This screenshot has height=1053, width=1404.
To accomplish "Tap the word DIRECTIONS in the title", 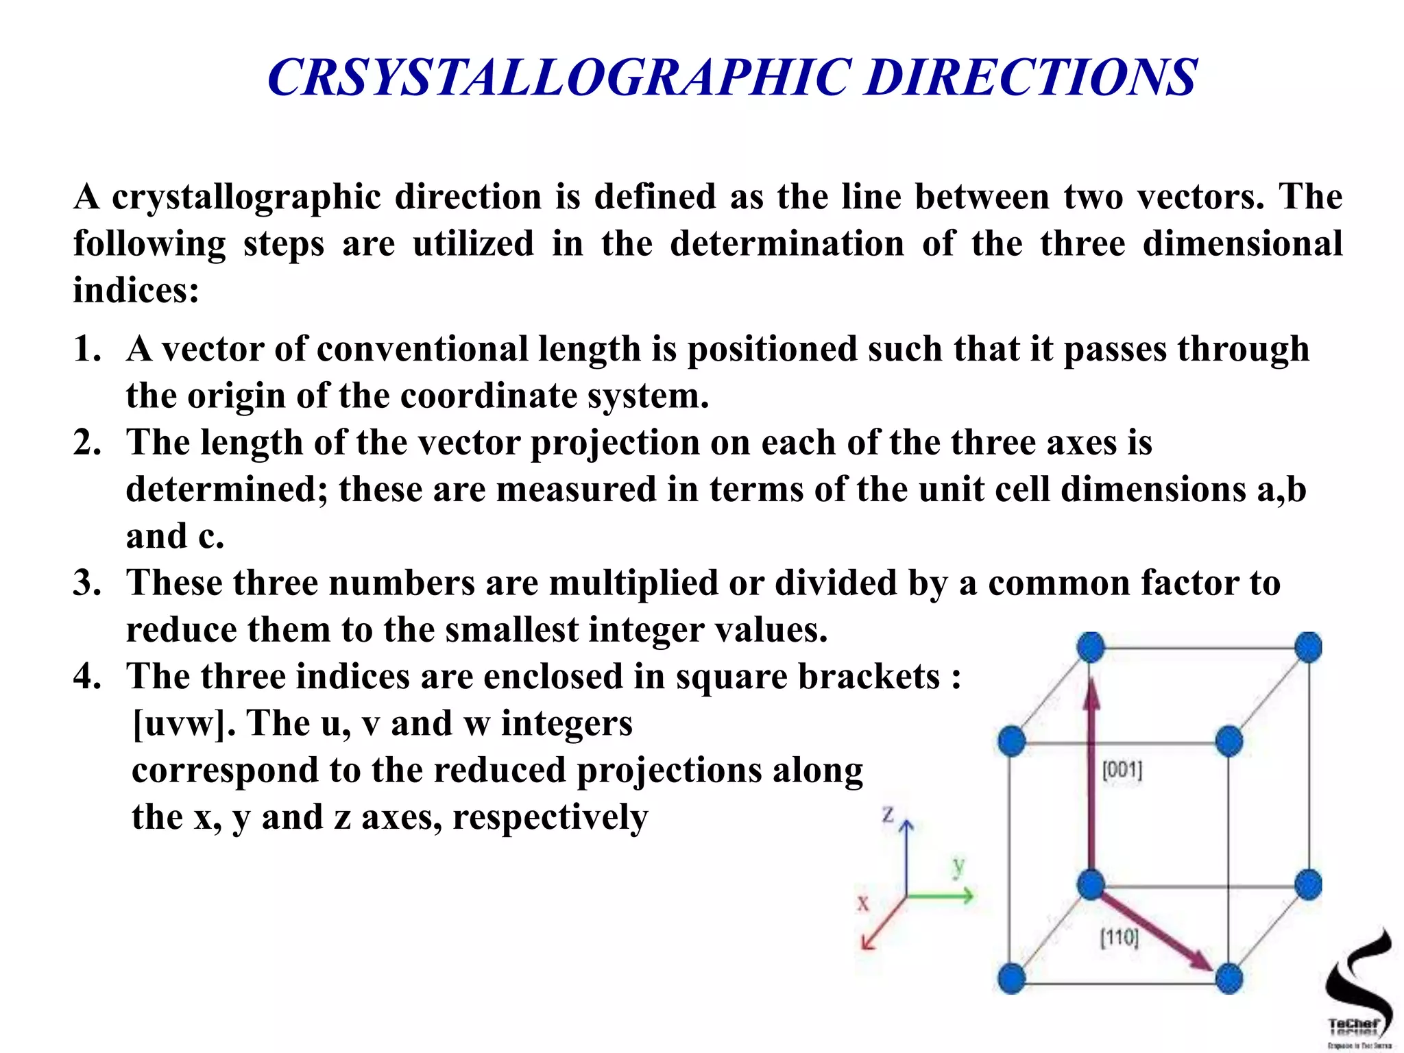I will (1030, 77).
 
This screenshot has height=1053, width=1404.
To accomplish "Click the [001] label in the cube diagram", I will (1122, 770).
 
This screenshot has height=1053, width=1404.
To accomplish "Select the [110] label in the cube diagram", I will (1119, 937).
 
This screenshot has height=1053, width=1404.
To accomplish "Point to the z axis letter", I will (888, 814).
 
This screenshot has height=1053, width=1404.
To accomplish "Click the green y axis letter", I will (958, 867).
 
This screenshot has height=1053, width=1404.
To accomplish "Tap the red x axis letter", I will (863, 902).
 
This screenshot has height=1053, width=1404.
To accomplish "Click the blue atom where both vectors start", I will (1091, 884).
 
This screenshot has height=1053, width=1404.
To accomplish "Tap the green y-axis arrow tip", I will (969, 895).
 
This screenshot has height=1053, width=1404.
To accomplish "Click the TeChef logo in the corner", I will (1358, 987).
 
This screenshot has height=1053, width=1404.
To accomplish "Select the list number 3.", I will (87, 583).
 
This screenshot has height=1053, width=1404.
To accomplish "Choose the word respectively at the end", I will (550, 817).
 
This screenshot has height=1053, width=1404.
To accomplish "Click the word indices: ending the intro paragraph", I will (136, 291).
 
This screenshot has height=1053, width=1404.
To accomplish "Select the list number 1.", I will (87, 349).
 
